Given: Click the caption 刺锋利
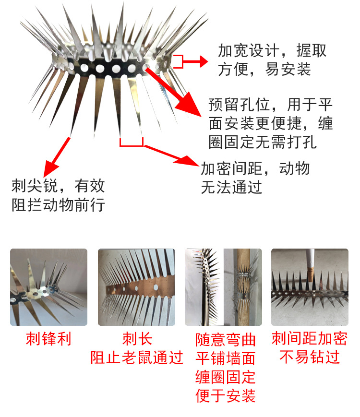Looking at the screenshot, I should [48, 339].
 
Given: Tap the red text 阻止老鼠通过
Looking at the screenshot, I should [137, 357].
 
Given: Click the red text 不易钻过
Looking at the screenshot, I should [309, 357].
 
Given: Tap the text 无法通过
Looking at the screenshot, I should [231, 187].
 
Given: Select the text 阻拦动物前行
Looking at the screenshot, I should [58, 205].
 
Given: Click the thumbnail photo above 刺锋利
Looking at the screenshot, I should [48, 287].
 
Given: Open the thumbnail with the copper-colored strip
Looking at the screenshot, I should [137, 287].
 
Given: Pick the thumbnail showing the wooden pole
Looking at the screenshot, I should [224, 287].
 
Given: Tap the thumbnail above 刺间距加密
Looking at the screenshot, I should [310, 287].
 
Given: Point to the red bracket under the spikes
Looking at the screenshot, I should [132, 143].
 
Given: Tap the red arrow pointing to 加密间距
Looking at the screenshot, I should [170, 154].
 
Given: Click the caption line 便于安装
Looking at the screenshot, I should [226, 396].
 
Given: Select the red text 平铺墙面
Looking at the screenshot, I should [226, 358].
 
